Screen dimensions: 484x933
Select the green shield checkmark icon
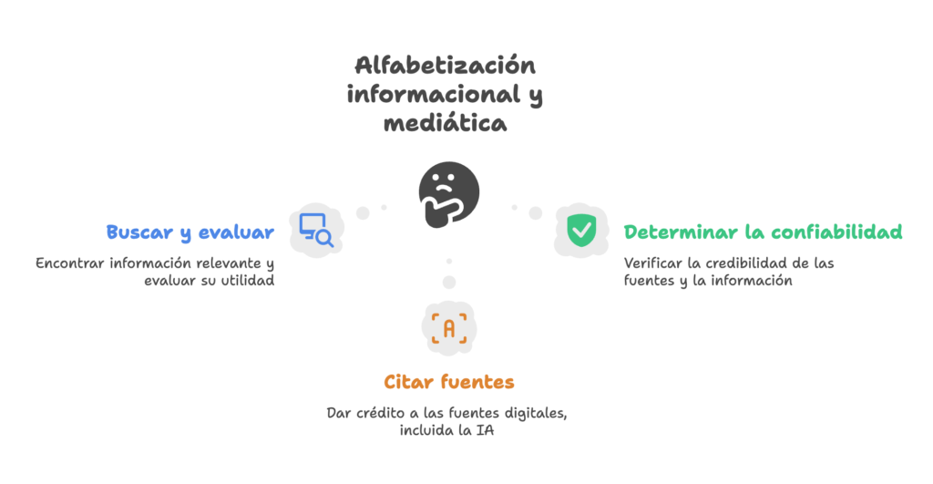coord(579,230)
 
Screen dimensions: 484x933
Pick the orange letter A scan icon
coord(448,327)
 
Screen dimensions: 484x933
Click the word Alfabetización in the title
coord(444,67)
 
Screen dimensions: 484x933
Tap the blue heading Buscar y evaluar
coord(190,232)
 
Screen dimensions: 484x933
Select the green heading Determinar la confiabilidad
coord(763,232)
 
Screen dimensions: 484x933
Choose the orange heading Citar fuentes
coord(448,381)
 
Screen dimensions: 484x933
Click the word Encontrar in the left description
coord(69,263)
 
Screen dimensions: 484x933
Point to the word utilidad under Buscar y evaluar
coord(249,281)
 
